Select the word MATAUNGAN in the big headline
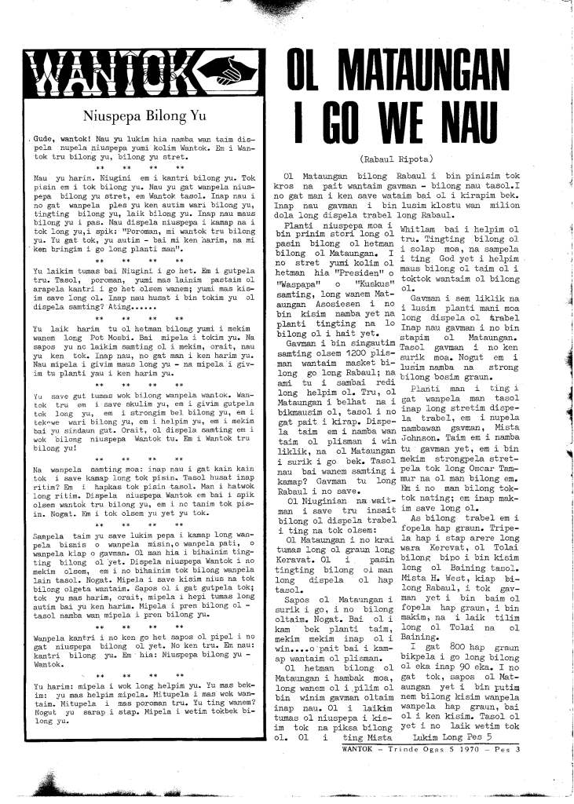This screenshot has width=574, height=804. (422, 75)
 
